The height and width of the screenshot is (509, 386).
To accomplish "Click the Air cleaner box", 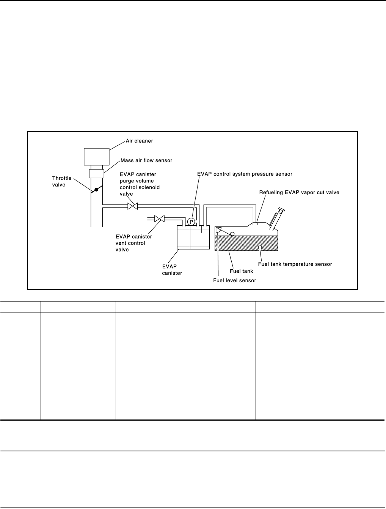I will point(96,156).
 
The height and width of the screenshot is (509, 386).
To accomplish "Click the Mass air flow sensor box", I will point(96,174).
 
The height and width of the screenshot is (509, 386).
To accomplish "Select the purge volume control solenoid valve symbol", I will point(133,207).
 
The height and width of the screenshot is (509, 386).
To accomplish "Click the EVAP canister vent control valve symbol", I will point(160,218).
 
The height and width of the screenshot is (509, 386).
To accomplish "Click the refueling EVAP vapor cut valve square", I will point(255,223).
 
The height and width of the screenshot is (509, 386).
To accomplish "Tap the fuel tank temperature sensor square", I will point(260,247).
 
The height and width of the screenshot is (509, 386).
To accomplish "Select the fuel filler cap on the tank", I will point(281,209).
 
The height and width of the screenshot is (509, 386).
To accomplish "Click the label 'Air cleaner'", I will point(140,141).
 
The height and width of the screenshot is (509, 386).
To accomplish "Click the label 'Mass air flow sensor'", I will point(146,160).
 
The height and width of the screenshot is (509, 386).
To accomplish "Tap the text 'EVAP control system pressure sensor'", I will point(245,174).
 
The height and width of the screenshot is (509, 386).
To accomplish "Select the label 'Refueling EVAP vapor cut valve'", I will point(299,192).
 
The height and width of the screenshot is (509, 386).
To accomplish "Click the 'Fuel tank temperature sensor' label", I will point(295,264).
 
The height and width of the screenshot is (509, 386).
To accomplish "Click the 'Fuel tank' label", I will point(242,271).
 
